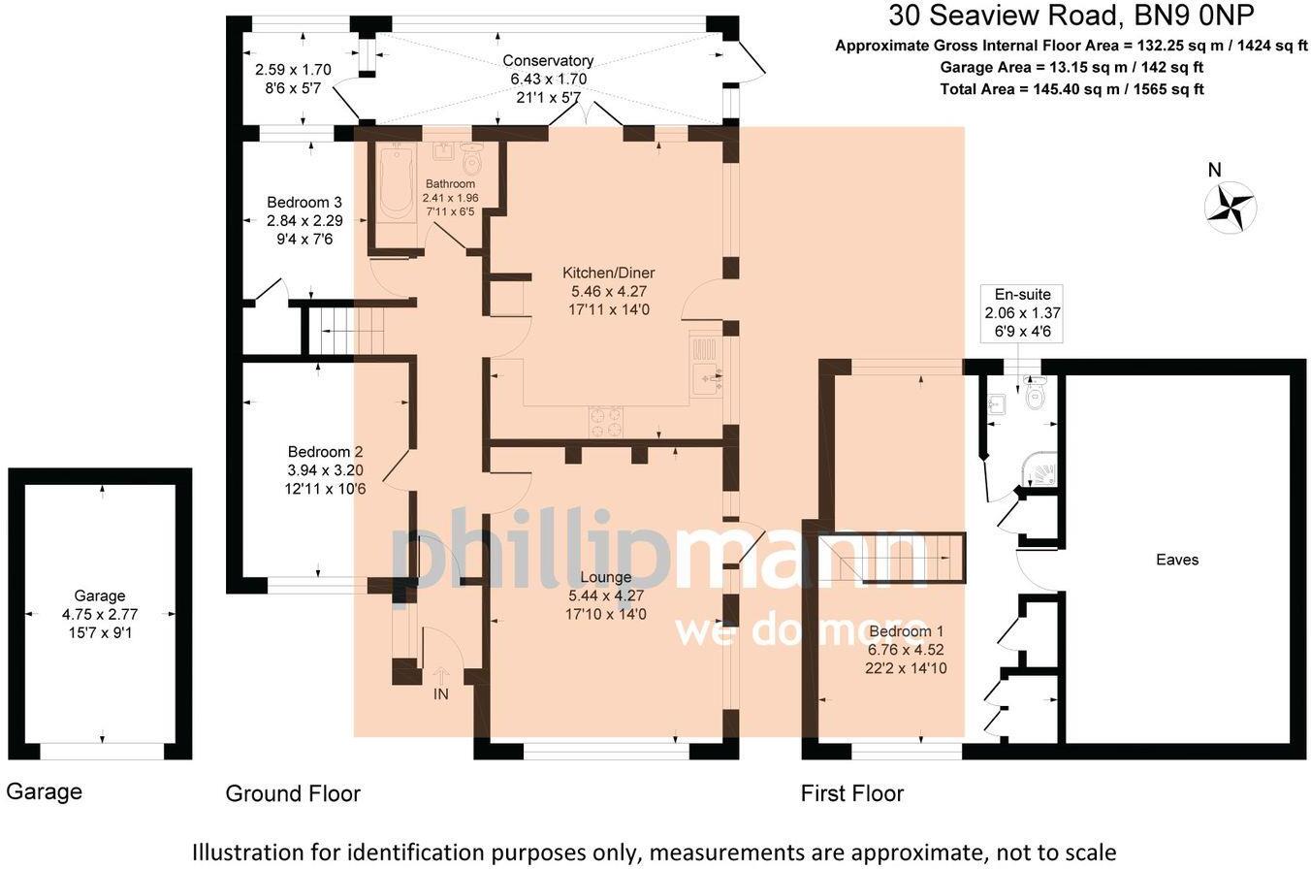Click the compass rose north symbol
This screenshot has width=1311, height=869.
[x=1231, y=206]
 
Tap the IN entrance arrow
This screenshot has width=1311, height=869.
[x=440, y=675]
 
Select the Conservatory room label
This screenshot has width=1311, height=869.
[x=548, y=61]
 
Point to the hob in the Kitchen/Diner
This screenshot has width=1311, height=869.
[x=606, y=421]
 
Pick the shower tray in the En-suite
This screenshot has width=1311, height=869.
[x=1040, y=472]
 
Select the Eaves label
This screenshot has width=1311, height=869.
[x=1177, y=560]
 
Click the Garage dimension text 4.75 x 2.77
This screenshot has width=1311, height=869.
[x=100, y=615]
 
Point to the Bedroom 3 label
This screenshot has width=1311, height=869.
[x=304, y=203]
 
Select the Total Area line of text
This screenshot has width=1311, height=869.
[x=1071, y=89]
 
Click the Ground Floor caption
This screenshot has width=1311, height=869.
[x=293, y=793]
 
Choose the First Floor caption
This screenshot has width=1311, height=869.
[x=852, y=793]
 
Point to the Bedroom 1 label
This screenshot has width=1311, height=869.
[x=906, y=631]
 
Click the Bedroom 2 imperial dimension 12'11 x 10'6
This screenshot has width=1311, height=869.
[x=326, y=489]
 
